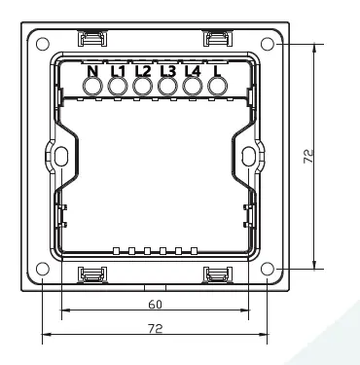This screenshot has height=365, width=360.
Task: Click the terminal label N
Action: [x=93, y=70]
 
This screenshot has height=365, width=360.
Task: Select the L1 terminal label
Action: [x=118, y=70]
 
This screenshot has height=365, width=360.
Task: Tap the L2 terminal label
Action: [x=143, y=70]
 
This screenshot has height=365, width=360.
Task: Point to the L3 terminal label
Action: [x=167, y=70]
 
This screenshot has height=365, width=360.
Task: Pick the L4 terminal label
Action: [x=192, y=70]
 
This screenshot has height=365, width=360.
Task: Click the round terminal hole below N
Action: [x=93, y=87]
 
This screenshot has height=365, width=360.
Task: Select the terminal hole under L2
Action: [x=143, y=87]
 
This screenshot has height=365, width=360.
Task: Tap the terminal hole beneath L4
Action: [x=192, y=87]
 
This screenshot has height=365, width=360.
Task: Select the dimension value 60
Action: [x=155, y=304]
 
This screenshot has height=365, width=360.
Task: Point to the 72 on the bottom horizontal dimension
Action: [x=155, y=330]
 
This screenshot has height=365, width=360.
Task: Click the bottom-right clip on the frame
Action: [x=217, y=276]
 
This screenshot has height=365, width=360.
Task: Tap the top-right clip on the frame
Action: [x=217, y=38]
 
